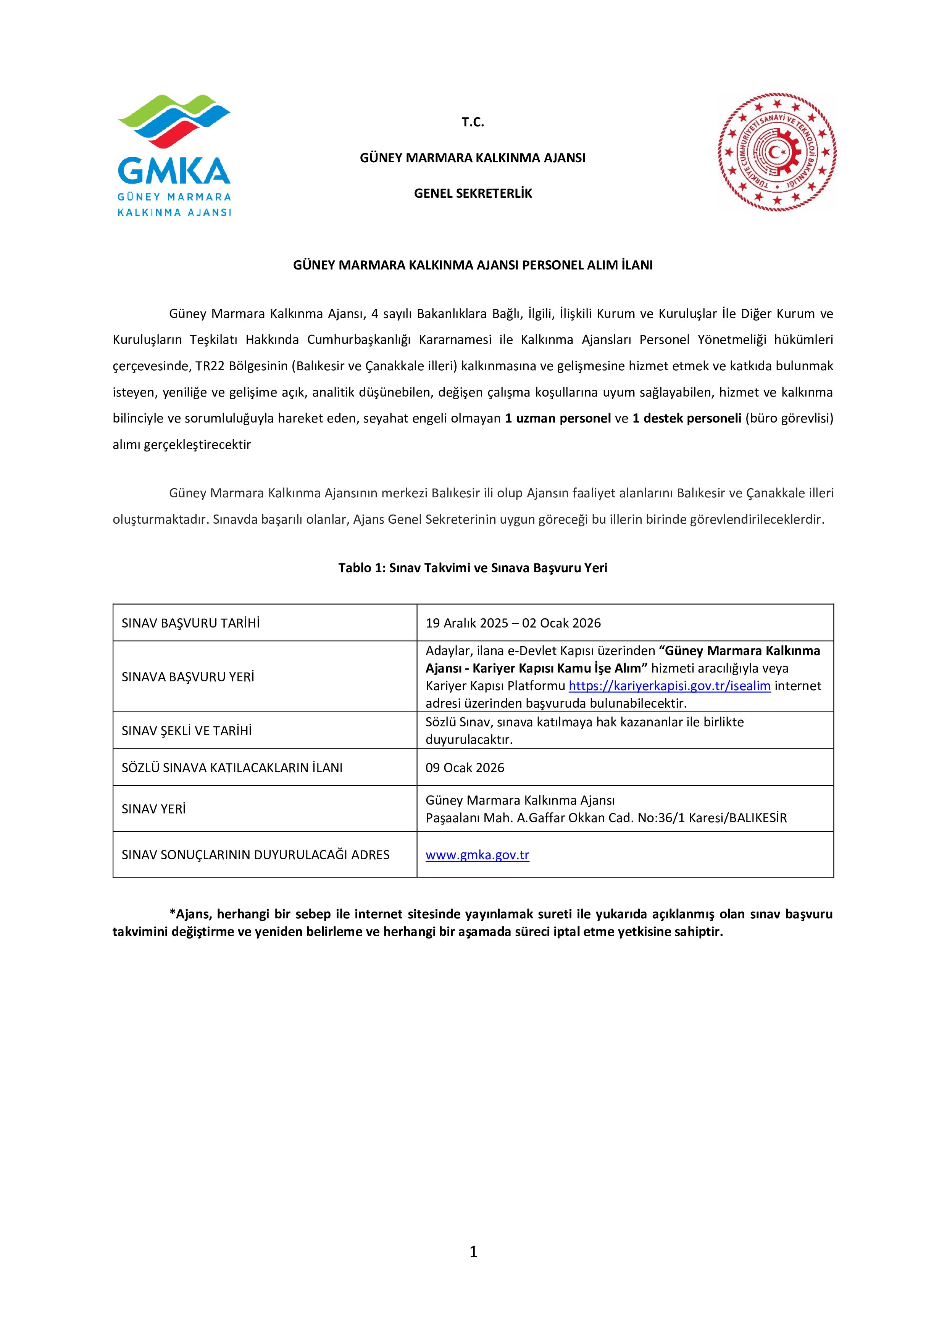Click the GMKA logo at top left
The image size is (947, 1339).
(x=174, y=155)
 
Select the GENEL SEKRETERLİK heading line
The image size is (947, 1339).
(x=473, y=194)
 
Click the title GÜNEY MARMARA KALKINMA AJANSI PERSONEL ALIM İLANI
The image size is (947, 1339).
(x=473, y=265)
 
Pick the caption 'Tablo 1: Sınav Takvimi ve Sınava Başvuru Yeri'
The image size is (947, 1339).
(x=473, y=568)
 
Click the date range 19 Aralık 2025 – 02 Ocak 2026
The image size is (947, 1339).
(x=513, y=623)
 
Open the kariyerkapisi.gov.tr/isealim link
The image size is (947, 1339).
(x=670, y=686)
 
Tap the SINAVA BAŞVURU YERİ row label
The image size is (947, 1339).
(x=188, y=677)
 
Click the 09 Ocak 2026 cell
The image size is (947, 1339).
(x=465, y=768)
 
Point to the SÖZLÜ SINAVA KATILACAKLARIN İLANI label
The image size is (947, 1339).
(x=232, y=768)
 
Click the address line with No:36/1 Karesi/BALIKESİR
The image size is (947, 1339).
(x=606, y=818)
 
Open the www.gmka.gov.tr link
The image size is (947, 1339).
(x=477, y=855)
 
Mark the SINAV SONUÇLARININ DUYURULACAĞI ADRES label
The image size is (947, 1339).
(x=255, y=855)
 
